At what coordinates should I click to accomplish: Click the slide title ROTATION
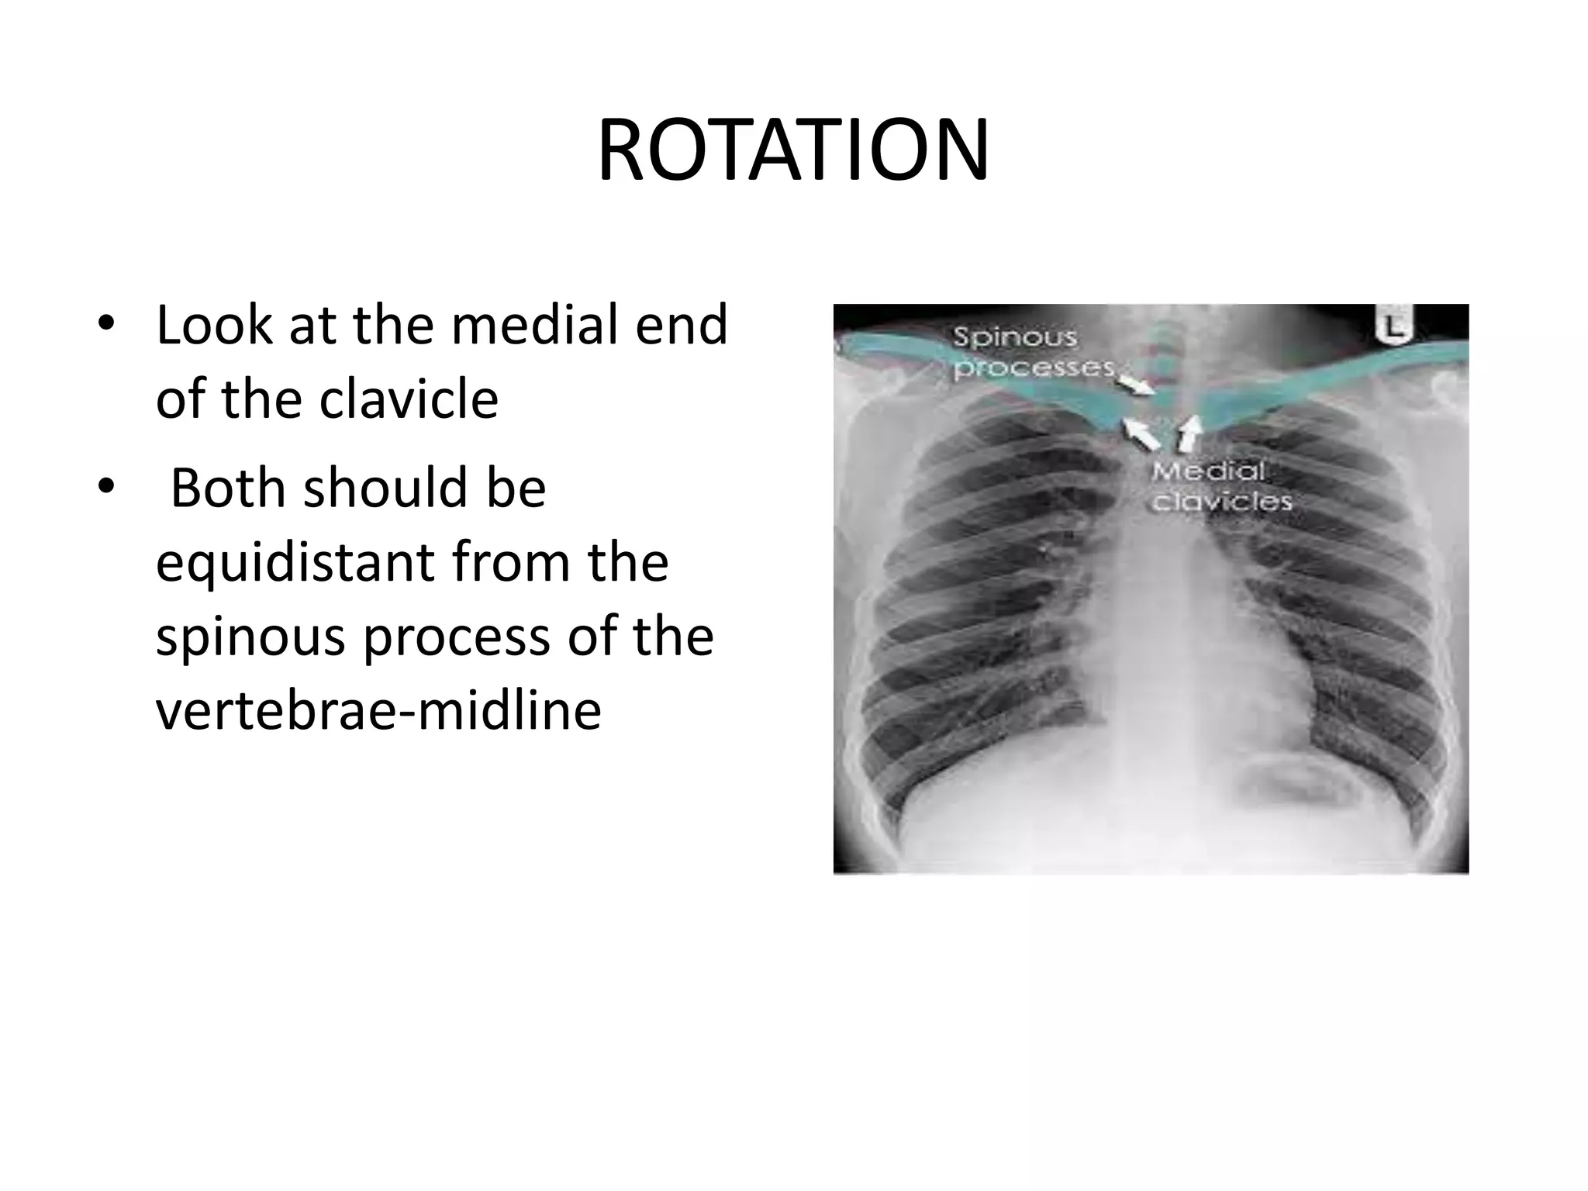[x=792, y=151]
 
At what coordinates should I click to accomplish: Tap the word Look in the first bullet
[x=214, y=326]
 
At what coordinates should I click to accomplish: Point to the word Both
[x=227, y=488]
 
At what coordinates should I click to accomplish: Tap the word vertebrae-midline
[x=378, y=711]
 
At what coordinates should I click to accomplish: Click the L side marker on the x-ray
[x=1394, y=326]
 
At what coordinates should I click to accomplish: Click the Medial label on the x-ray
[x=1207, y=471]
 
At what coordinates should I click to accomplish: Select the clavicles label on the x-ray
[x=1222, y=502]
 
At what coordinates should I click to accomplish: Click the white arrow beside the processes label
[x=1137, y=385]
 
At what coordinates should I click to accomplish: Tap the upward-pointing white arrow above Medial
[x=1188, y=434]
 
